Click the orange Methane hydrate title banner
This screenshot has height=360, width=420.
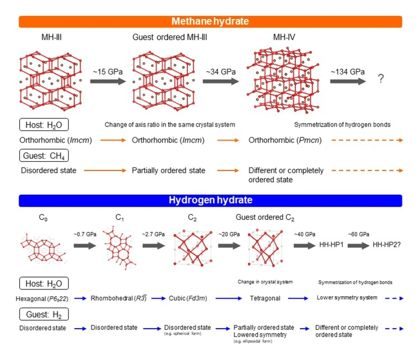pyautogui.click(x=211, y=22)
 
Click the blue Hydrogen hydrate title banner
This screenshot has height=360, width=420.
pyautogui.click(x=211, y=201)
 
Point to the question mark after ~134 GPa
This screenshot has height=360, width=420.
pyautogui.click(x=381, y=80)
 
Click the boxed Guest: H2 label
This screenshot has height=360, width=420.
pyautogui.click(x=42, y=313)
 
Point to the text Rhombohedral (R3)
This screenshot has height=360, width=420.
pyautogui.click(x=117, y=298)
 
